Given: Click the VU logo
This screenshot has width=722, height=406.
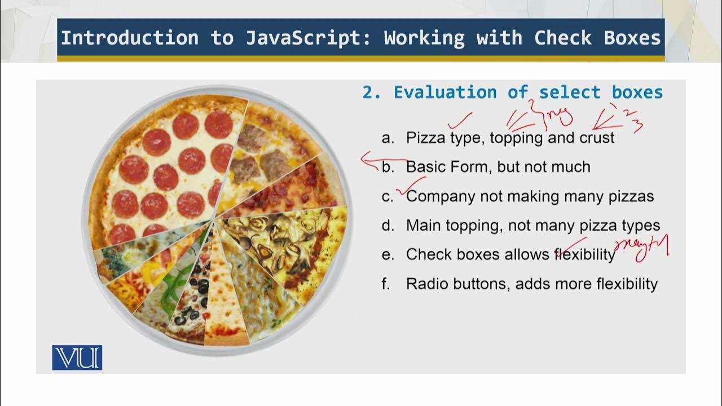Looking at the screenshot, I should point(77,358).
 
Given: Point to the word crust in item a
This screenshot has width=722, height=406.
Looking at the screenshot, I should point(597,138).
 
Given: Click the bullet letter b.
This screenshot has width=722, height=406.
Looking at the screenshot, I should point(388,167).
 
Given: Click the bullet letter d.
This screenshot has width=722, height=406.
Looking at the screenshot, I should point(388,226).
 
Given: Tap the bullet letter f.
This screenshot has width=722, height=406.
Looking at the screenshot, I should point(386,284).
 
